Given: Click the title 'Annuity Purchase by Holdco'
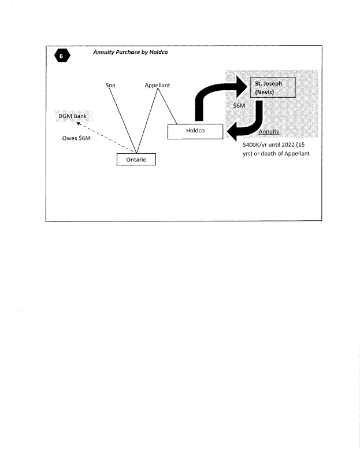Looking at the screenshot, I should click(x=131, y=53).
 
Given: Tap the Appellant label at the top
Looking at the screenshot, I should click(x=157, y=86).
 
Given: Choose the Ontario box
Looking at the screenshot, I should click(x=136, y=159).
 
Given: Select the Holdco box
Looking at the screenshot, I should click(x=195, y=131).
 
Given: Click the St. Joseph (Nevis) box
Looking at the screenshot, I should click(x=272, y=88).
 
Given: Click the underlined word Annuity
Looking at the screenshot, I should click(x=269, y=132).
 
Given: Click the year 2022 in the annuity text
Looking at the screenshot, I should click(x=287, y=145).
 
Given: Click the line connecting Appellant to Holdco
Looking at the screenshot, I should click(x=167, y=107).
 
